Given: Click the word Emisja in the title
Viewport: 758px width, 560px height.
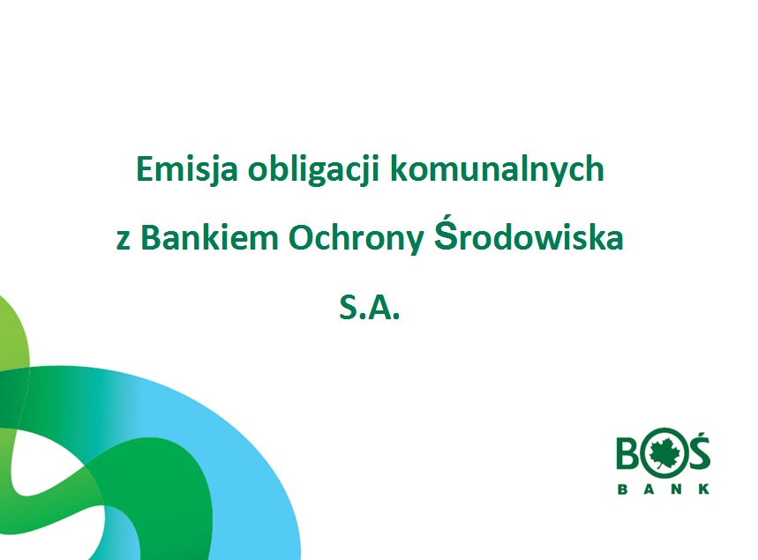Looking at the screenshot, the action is click(x=186, y=169).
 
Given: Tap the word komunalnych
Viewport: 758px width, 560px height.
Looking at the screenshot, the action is click(x=498, y=169).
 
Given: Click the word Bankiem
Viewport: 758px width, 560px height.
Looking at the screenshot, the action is click(x=210, y=237).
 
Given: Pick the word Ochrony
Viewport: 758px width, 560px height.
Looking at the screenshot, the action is click(x=356, y=239).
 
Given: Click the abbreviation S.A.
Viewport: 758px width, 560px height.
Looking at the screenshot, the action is click(x=370, y=307).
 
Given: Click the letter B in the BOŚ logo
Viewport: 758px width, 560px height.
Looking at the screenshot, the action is click(x=627, y=453).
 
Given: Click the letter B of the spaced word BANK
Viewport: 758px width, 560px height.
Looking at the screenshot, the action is click(x=623, y=489).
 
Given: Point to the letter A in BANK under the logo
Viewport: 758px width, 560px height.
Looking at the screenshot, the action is click(x=649, y=489).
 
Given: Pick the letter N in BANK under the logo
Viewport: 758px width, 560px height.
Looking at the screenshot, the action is click(x=677, y=489).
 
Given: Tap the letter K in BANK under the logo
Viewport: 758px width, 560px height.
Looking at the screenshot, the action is click(x=705, y=489).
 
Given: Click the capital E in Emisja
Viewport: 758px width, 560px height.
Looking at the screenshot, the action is click(x=145, y=168).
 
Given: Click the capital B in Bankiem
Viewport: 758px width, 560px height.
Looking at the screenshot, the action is click(x=150, y=238).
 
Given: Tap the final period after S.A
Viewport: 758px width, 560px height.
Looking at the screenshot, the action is click(x=396, y=317).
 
